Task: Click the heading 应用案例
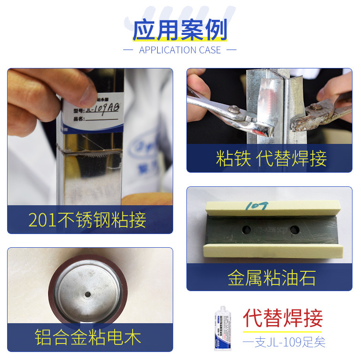click(180, 30)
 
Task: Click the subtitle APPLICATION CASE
click(180, 50)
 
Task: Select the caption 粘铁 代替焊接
click(271, 159)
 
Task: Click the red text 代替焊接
click(283, 318)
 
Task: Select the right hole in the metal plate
click(295, 230)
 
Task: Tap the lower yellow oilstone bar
click(271, 250)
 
